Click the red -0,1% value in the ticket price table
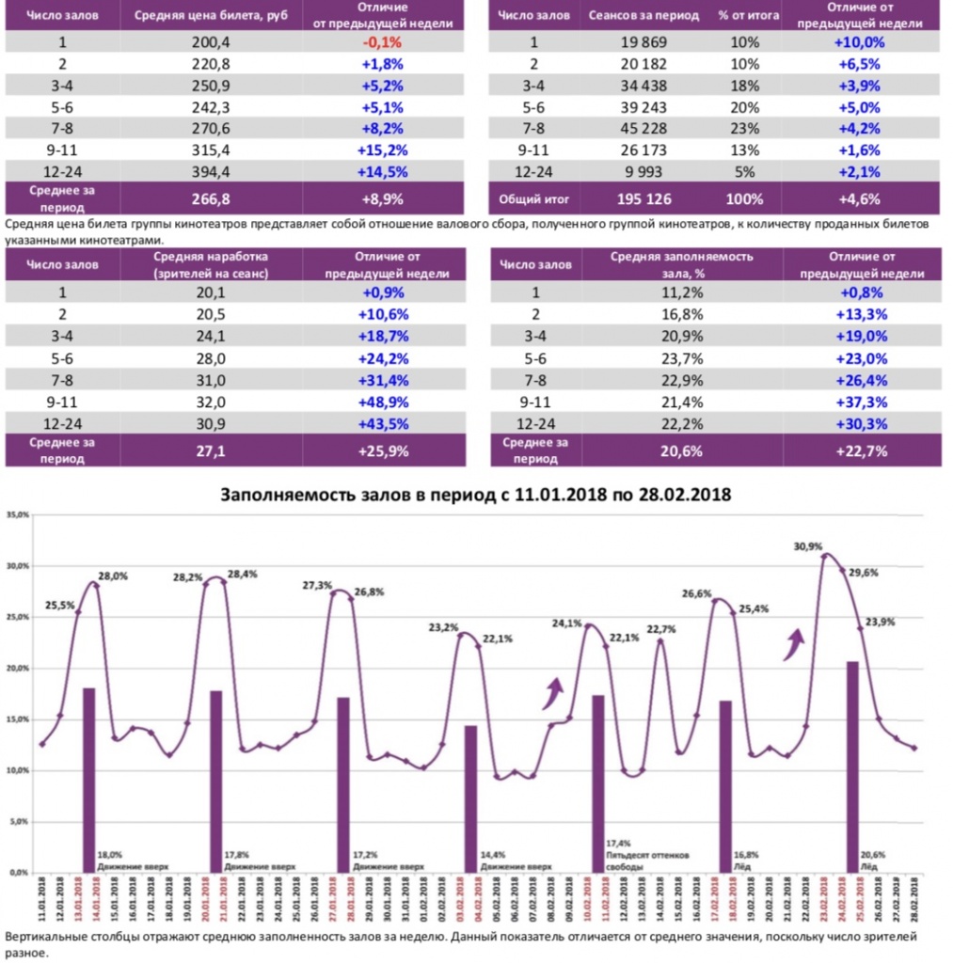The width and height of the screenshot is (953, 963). [x=382, y=42]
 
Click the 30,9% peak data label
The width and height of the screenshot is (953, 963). [x=807, y=546]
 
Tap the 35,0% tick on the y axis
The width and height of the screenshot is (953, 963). [x=17, y=515]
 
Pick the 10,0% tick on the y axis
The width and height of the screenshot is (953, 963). [x=17, y=770]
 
